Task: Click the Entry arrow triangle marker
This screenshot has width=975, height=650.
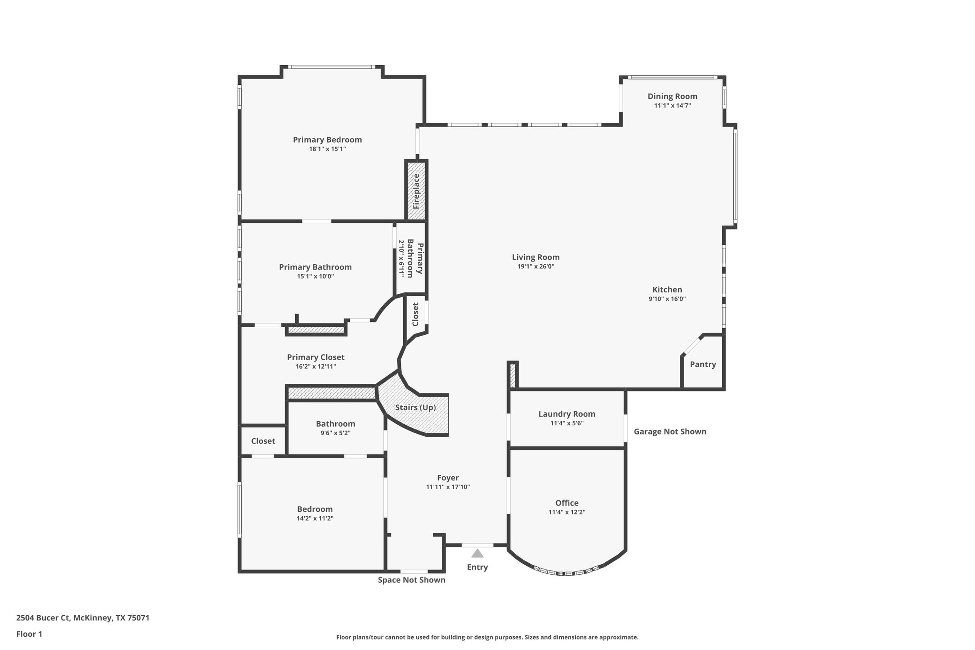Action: click(x=477, y=553)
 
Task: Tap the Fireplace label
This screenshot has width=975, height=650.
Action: click(x=416, y=191)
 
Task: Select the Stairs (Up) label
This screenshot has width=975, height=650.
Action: click(x=416, y=408)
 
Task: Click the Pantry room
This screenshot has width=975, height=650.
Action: click(x=703, y=364)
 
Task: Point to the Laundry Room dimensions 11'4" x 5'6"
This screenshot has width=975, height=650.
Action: click(x=567, y=423)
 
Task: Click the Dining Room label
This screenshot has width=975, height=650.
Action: click(x=672, y=97)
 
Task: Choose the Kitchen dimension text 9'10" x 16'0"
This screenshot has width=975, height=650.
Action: click(x=667, y=299)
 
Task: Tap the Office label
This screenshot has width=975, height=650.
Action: click(x=567, y=503)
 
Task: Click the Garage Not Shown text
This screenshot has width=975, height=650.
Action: click(x=670, y=431)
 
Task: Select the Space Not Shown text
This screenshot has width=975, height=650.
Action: click(x=411, y=580)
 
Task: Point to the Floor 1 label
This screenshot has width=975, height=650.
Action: click(x=30, y=634)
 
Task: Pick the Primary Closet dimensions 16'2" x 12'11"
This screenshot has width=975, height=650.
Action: click(x=316, y=367)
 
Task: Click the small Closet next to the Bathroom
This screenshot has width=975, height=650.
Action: click(x=263, y=441)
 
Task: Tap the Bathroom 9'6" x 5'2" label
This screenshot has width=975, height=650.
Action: click(x=336, y=424)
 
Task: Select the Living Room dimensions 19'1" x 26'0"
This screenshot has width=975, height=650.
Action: click(x=536, y=267)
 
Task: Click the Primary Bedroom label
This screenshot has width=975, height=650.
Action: click(x=327, y=140)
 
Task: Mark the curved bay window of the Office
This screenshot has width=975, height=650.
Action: click(x=567, y=572)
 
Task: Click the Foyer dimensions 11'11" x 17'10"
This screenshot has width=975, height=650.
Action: click(x=448, y=487)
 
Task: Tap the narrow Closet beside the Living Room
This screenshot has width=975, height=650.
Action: click(x=415, y=314)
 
